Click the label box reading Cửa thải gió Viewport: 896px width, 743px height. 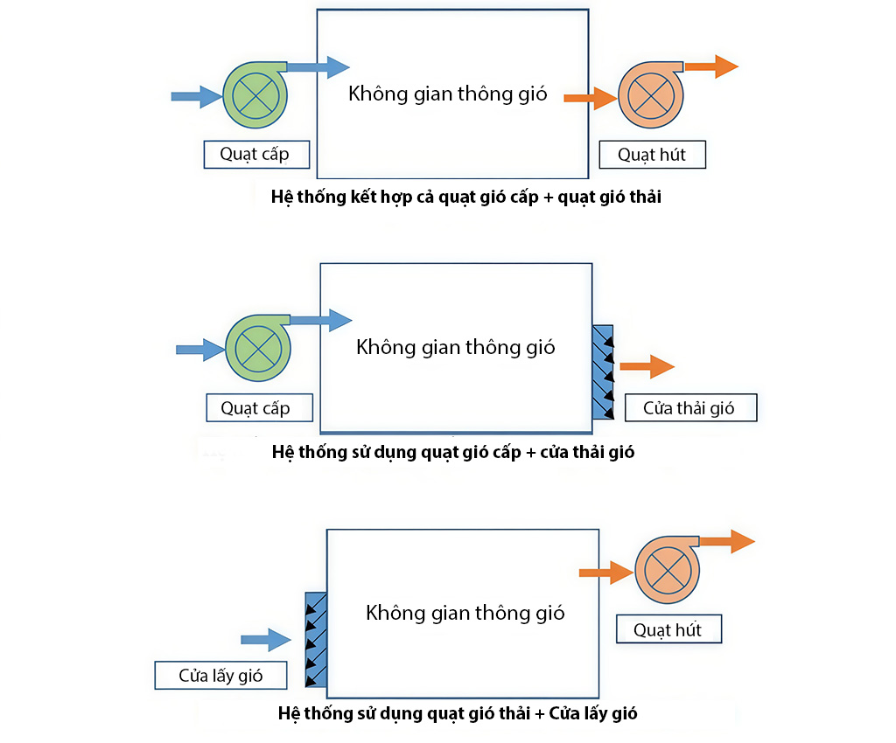click(689, 407)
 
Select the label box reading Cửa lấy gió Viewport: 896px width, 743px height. click(220, 676)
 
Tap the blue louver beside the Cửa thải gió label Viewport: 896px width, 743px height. click(603, 371)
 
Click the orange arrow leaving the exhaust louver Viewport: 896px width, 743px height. click(647, 367)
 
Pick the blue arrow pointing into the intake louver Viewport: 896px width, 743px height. click(265, 640)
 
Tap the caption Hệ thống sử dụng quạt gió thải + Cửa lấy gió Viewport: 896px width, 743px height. click(457, 713)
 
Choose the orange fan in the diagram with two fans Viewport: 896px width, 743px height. click(650, 93)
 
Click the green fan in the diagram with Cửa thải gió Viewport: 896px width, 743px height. click(257, 348)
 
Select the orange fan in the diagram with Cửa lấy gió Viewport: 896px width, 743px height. click(667, 569)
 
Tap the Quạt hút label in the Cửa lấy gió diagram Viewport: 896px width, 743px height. click(668, 629)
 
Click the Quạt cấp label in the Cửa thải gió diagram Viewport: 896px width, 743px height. click(255, 407)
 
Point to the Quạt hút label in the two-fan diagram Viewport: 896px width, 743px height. click(652, 155)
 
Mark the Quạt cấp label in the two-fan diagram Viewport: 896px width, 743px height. click(254, 155)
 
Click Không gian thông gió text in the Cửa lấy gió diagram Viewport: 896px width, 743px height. click(465, 613)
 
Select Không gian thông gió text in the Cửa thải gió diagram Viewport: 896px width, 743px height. click(455, 347)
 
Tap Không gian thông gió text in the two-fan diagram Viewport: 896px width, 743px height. click(447, 94)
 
